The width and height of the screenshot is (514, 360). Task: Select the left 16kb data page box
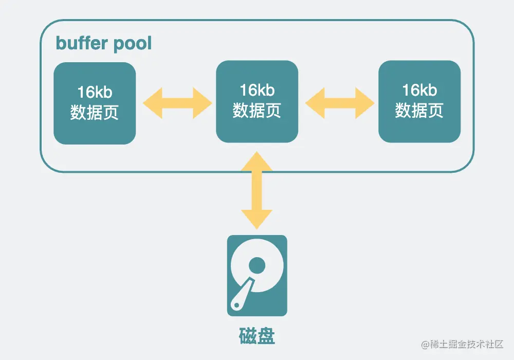pos(95,103)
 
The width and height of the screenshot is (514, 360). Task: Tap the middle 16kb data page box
pos(257,101)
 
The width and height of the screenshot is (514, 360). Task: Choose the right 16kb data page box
pos(419,101)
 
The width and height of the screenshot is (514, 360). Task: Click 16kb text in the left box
pos(95,93)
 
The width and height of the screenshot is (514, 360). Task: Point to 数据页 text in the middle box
pos(257,111)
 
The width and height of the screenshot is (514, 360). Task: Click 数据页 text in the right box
pos(419,111)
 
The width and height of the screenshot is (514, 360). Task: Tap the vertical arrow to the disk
pos(257,190)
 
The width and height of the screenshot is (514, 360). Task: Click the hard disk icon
pos(257,275)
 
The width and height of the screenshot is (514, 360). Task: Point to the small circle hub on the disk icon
pos(257,265)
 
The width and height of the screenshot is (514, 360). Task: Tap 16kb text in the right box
pos(419,91)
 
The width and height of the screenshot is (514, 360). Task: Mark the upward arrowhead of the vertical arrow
pos(257,162)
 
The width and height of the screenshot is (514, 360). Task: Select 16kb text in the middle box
pos(257,91)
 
